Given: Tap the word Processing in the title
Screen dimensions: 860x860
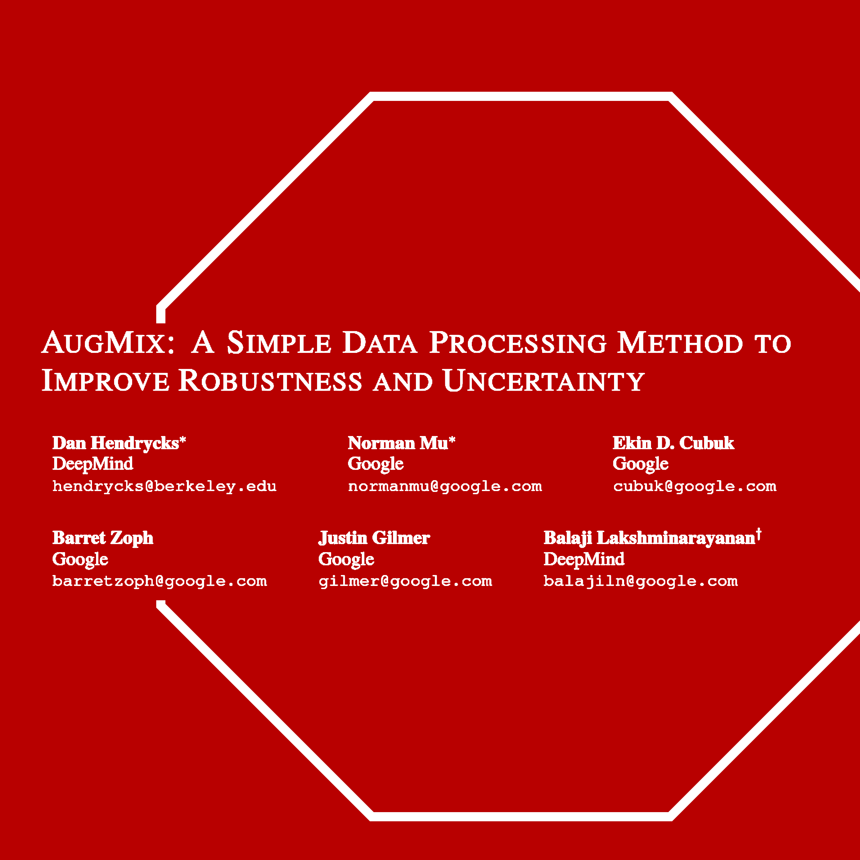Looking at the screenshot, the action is tap(518, 343).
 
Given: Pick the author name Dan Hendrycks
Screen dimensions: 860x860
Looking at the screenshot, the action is tap(116, 443).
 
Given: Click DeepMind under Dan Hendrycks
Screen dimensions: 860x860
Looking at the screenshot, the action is tap(93, 464).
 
